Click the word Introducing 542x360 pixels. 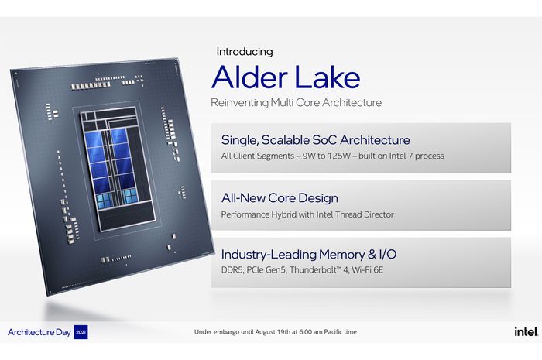245,52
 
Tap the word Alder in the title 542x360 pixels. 249,77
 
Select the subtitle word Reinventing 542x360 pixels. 239,103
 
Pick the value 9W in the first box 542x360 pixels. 309,156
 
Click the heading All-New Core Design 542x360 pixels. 280,198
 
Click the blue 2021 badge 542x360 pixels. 81,332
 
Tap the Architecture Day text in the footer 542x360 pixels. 39,332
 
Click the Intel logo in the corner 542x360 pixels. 526,331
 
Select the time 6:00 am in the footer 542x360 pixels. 310,332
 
